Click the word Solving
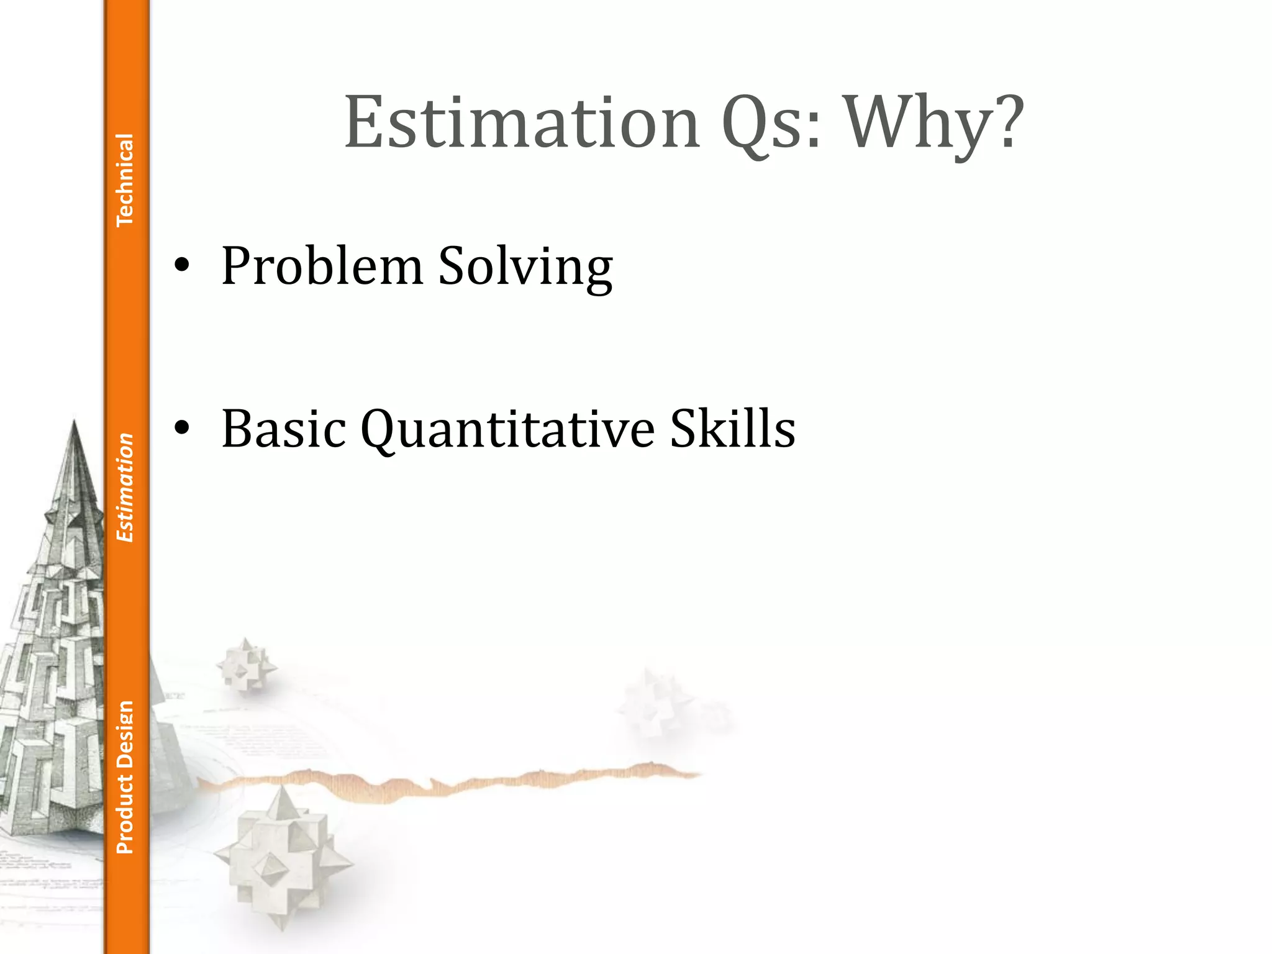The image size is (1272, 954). click(x=525, y=267)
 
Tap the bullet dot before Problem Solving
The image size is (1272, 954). click(x=181, y=266)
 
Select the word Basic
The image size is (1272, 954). click(x=283, y=428)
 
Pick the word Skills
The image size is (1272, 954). click(x=732, y=428)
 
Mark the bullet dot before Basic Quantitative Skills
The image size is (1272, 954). click(x=181, y=428)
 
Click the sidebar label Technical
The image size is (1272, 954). click(x=125, y=180)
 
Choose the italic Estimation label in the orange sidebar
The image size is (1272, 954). click(x=125, y=488)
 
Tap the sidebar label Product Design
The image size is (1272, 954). click(x=125, y=777)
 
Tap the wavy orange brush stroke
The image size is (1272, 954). click(x=447, y=783)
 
